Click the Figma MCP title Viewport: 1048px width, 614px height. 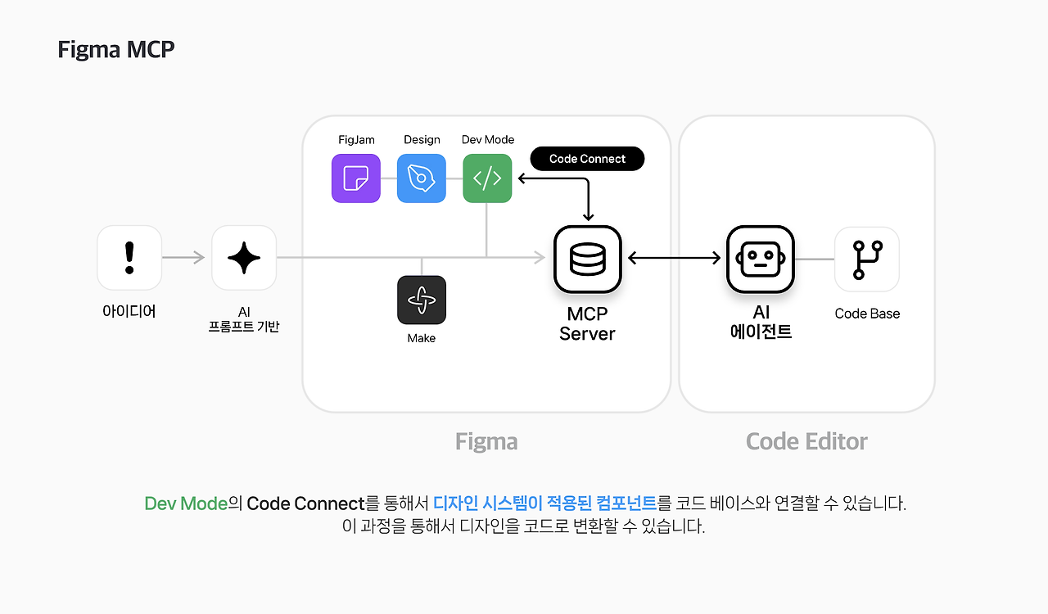click(x=116, y=49)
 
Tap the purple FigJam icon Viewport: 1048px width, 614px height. click(x=356, y=178)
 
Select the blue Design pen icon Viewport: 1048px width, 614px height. click(x=422, y=178)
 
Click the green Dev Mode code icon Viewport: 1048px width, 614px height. click(x=487, y=178)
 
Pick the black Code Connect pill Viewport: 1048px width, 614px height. click(x=587, y=159)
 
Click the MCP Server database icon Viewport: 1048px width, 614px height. click(x=588, y=259)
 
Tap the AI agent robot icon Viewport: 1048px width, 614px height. click(x=761, y=259)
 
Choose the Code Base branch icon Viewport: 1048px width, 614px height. click(x=867, y=260)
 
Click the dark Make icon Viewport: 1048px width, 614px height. click(x=422, y=300)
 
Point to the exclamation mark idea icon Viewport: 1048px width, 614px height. click(x=129, y=258)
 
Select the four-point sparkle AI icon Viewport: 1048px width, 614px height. click(x=244, y=258)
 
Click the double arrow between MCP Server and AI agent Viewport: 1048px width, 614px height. click(x=674, y=258)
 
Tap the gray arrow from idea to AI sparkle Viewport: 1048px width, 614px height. click(x=183, y=257)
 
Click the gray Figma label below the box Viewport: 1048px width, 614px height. click(x=486, y=441)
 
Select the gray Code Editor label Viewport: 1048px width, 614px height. click(x=806, y=441)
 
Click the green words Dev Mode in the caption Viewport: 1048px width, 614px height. click(x=186, y=503)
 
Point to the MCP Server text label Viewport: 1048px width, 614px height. click(x=587, y=324)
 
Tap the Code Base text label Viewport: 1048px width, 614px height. click(x=867, y=314)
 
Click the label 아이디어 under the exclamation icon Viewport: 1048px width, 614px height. click(x=129, y=311)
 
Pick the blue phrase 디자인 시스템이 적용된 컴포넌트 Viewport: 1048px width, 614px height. click(x=545, y=503)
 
